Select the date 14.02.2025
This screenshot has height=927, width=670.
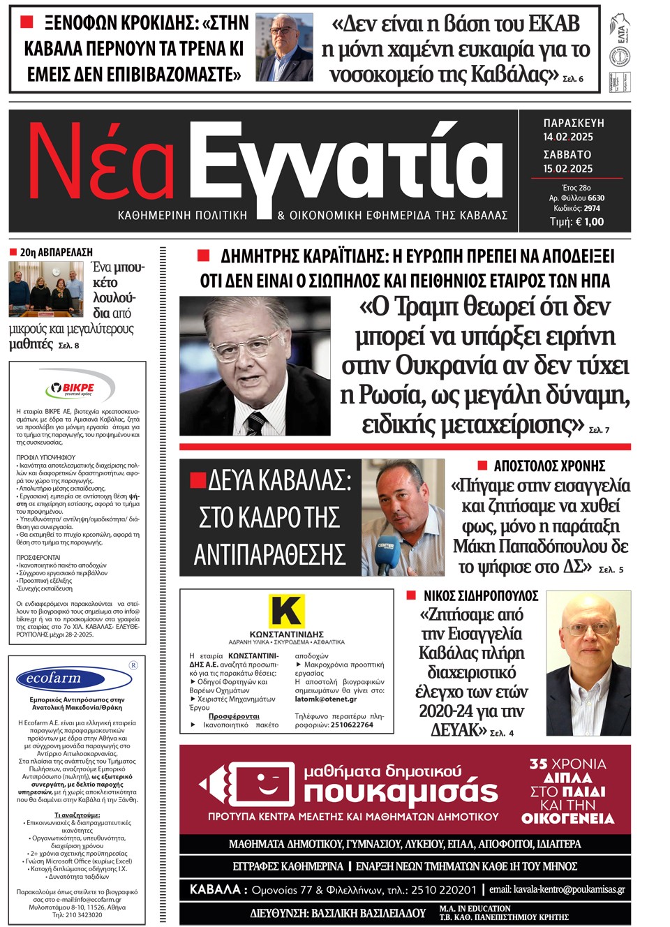click(568, 137)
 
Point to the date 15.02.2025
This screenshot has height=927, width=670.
click(568, 168)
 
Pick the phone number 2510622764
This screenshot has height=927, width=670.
click(352, 725)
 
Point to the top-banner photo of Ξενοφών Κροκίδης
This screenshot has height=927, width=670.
click(284, 47)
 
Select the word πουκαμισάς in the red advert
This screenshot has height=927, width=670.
click(401, 792)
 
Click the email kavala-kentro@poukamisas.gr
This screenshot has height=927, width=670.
click(556, 889)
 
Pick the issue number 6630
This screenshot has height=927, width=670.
click(596, 198)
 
